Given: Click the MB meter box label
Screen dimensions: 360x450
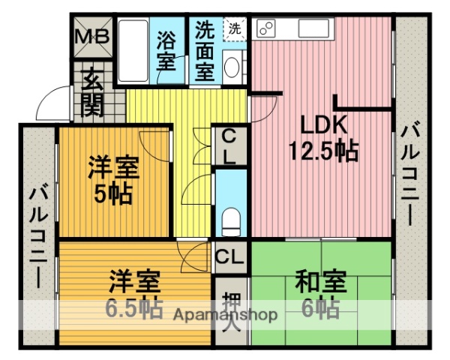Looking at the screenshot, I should pos(94,35).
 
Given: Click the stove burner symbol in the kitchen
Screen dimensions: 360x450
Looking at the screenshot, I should pos(266,29).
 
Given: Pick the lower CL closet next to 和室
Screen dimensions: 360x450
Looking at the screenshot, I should pos(229,257).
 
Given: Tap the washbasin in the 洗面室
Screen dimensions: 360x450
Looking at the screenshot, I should pos(232,68).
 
